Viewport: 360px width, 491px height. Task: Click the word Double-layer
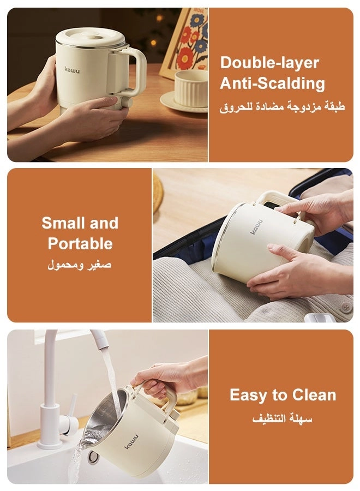click(x=269, y=63)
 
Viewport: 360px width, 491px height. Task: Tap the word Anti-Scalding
click(x=272, y=83)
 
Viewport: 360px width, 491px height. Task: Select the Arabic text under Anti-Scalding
click(x=282, y=106)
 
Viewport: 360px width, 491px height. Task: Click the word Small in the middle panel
click(x=61, y=223)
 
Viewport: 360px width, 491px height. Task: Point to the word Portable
click(x=80, y=244)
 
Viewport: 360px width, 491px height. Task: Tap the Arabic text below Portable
click(x=80, y=265)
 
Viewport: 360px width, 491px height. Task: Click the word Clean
click(x=314, y=395)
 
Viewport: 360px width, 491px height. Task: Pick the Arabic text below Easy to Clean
click(x=283, y=418)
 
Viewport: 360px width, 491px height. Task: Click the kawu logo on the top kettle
click(x=72, y=69)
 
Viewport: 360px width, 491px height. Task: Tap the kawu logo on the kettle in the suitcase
click(x=257, y=227)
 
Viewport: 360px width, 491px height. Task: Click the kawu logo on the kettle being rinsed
click(x=131, y=441)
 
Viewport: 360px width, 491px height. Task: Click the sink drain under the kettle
click(x=93, y=457)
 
